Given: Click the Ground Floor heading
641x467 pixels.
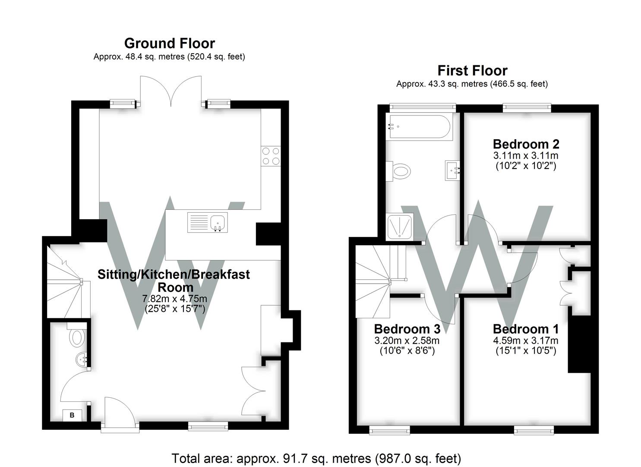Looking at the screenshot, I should [169, 43].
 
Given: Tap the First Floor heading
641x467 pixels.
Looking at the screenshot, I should [472, 70].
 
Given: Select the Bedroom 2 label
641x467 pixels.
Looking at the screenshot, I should [526, 144].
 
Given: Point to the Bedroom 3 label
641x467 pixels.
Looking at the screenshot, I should [407, 329].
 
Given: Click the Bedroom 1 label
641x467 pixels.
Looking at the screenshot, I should [526, 329].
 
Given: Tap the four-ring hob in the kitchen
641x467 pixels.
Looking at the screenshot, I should [271, 156].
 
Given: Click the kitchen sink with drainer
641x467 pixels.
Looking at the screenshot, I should [207, 222].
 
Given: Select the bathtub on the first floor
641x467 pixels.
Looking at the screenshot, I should [420, 127].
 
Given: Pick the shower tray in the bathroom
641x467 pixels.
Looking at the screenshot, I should [400, 226].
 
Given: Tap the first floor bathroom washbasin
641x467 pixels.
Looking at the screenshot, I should [452, 170].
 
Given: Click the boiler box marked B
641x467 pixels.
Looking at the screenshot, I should [72, 415].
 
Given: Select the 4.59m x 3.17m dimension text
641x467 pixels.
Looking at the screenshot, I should [526, 340].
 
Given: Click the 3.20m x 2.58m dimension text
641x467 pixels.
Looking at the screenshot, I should [407, 340].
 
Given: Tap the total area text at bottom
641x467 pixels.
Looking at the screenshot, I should [316, 458].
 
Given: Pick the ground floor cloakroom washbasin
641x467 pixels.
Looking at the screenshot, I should [82, 360].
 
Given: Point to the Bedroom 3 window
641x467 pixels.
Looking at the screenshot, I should [389, 430].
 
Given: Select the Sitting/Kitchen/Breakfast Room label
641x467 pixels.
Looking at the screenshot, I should [174, 280].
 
